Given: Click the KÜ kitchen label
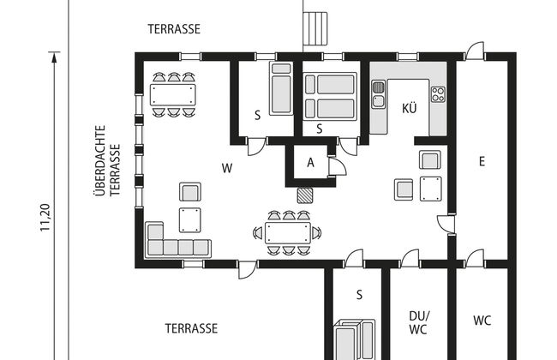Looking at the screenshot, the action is click(x=410, y=108).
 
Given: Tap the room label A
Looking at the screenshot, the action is click(x=311, y=163).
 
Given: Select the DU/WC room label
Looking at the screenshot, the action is click(x=419, y=322).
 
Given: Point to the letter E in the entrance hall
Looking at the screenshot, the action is click(x=482, y=162).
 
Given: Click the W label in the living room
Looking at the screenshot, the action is click(x=227, y=168).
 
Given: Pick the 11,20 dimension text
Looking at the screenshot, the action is click(x=45, y=218).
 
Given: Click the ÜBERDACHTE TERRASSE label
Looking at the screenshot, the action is click(x=108, y=160).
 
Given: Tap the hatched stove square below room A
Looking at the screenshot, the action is click(x=305, y=195).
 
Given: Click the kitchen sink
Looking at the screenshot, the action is click(x=378, y=94).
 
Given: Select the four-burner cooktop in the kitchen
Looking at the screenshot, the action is click(x=439, y=94).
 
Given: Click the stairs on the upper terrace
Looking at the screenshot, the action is click(x=314, y=28).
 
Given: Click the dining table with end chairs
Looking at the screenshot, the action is click(x=288, y=233).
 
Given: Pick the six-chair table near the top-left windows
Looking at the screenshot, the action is click(x=173, y=94).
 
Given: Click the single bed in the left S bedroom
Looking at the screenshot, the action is click(x=281, y=88).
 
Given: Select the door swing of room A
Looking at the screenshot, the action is click(x=338, y=166).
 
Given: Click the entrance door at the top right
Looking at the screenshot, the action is click(x=475, y=51).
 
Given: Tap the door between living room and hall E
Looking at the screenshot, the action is click(x=446, y=225).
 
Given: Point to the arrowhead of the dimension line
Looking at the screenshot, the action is click(x=54, y=57).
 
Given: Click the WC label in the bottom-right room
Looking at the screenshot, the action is click(x=482, y=321).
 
